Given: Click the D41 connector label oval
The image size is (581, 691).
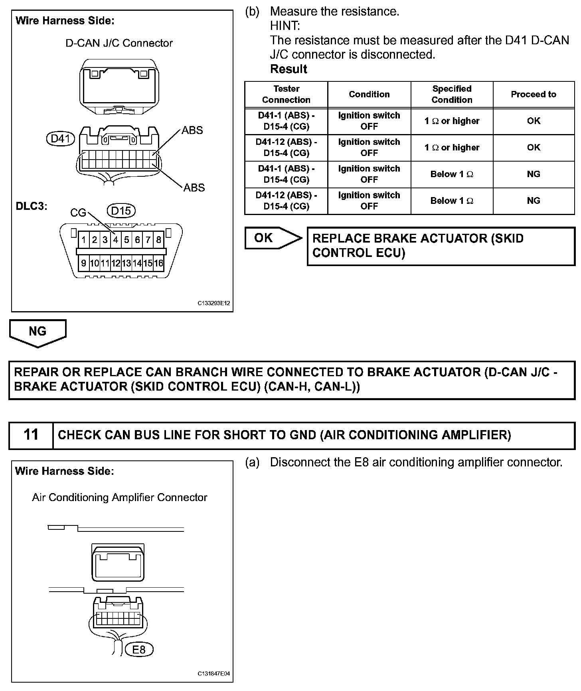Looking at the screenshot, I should pos(61,138).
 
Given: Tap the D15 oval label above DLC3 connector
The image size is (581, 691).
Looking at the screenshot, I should pos(121,210).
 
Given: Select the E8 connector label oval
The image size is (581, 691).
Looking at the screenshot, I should pos(139,650).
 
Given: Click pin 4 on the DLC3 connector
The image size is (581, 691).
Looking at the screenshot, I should pos(116,240).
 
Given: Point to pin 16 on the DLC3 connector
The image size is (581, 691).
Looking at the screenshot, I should pos(158,263).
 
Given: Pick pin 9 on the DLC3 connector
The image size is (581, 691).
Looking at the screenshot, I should pos(83,263).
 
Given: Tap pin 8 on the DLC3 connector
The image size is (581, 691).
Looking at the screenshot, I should pos(158,240).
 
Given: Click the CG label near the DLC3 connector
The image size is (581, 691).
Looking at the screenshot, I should pos(78,213).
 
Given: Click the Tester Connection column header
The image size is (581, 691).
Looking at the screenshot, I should pos(286,94).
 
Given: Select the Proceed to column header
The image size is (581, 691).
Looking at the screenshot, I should pos(534,94).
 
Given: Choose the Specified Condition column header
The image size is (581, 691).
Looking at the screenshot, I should pos(452,94).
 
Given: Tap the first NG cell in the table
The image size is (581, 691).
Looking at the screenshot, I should pos(534,174).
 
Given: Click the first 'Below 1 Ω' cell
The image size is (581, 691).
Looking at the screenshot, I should pos(452,174).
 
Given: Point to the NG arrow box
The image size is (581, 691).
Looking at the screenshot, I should pos(38,332).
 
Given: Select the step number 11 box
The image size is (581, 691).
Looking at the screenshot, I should pos(31,434).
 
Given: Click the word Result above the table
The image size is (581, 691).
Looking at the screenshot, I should pos(289,69).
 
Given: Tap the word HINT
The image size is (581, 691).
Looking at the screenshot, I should pos(285,26).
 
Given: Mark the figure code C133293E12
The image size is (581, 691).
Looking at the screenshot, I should pos(214,303).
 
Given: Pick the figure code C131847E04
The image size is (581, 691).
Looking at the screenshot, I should pos(214,674).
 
